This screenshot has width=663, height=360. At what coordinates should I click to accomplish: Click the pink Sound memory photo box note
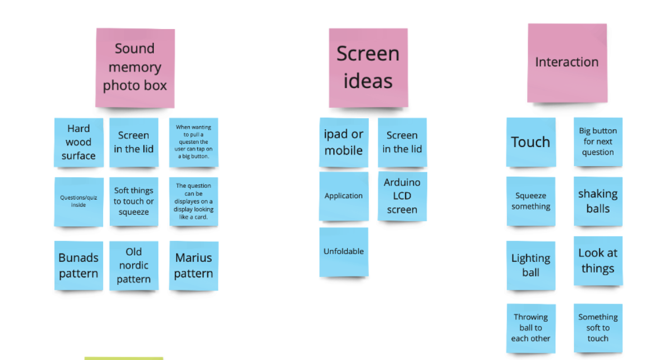click(135, 67)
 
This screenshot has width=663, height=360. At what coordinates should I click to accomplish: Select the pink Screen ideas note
click(368, 67)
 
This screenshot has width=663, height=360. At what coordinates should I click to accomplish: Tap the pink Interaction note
click(567, 62)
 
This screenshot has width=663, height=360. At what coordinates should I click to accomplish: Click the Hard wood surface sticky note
click(79, 142)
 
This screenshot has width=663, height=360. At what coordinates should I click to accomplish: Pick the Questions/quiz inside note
click(79, 201)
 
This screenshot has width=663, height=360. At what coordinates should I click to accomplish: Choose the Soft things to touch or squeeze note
click(134, 201)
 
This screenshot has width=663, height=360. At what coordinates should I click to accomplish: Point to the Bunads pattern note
click(79, 265)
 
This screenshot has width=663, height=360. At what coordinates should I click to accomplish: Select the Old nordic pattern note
click(134, 265)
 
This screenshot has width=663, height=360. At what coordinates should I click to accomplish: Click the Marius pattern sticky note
click(193, 265)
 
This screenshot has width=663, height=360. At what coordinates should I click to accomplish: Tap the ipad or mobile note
click(344, 142)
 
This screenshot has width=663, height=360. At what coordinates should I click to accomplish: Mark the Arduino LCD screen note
click(402, 196)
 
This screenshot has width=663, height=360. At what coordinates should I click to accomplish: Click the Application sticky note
click(344, 196)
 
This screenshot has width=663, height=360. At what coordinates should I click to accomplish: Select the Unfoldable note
click(344, 252)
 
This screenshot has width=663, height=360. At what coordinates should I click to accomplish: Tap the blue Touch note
click(530, 142)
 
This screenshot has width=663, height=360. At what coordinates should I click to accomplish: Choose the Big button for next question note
click(598, 142)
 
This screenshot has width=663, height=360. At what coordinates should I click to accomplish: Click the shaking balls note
click(598, 201)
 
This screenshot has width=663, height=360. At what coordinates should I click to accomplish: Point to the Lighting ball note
click(530, 265)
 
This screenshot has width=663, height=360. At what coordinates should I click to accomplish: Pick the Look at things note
click(598, 261)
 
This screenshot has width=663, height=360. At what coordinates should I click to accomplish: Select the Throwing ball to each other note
click(530, 328)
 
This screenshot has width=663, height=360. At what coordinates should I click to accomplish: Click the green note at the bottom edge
click(124, 358)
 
